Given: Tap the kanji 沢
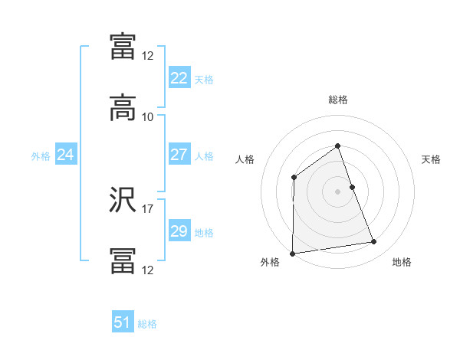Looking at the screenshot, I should (123, 202).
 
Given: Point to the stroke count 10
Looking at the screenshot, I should (148, 117).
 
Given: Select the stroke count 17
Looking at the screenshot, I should (148, 208).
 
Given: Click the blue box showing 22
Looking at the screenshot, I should (179, 78).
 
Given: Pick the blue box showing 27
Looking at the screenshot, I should (179, 155).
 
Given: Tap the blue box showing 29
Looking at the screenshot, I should (179, 231).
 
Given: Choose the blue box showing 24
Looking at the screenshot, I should (65, 155).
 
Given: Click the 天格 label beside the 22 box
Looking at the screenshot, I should (204, 80).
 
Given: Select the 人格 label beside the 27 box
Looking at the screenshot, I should (204, 156).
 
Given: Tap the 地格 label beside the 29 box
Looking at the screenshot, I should (204, 233).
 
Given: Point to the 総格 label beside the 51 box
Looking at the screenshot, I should (147, 325).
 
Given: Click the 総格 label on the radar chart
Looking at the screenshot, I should (338, 100).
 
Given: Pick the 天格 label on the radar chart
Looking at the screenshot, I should (432, 159).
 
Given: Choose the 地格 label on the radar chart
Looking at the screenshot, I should (402, 263).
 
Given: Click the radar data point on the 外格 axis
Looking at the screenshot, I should (292, 254).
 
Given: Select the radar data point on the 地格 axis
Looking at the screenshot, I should (374, 242).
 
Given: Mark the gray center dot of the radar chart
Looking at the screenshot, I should (338, 191).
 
